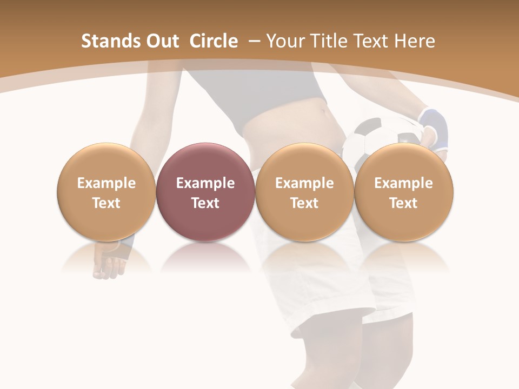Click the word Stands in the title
pos(109,41)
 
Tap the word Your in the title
pos(285,41)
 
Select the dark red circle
pos(205,192)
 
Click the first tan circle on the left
pos(106,192)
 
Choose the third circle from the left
pos(304,192)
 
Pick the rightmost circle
pos(403,192)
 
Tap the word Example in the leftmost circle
pos(106,183)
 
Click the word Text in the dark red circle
pos(205,203)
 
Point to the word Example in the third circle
pos(304,183)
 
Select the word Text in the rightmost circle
pos(403,203)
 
